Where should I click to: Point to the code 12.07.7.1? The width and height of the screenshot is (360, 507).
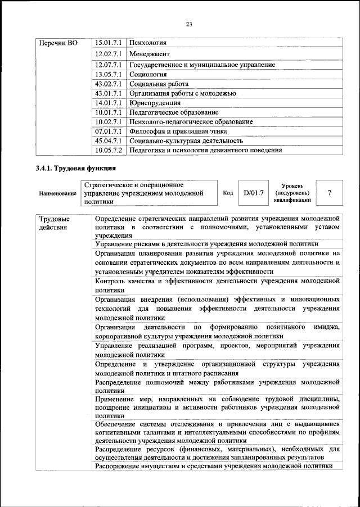(109, 65)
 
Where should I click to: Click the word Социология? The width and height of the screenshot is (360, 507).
(148, 74)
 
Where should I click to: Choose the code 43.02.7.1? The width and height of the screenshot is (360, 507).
(109, 84)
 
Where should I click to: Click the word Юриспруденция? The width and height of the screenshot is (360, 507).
(155, 103)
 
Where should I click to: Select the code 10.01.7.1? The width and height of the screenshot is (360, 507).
(109, 112)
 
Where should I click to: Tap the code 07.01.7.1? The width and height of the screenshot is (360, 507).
(109, 132)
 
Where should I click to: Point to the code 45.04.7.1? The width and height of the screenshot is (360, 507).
(109, 141)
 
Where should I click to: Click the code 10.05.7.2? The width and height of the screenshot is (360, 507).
(109, 151)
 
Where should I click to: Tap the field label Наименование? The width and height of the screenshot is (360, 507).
(58, 193)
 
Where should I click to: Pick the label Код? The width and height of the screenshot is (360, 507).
(228, 193)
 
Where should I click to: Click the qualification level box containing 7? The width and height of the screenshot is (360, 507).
(330, 193)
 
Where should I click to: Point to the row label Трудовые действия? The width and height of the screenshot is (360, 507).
(55, 223)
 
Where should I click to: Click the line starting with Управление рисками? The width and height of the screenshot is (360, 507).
(207, 245)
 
